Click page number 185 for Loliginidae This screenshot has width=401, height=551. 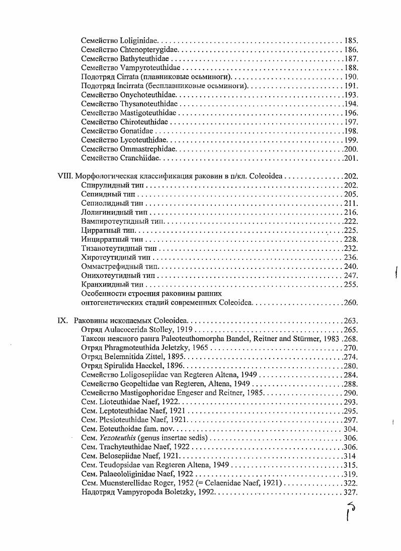coord(351,40)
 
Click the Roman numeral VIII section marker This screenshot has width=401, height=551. coord(66,176)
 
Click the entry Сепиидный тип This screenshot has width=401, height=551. coord(108,194)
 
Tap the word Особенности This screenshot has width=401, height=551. coord(104,294)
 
